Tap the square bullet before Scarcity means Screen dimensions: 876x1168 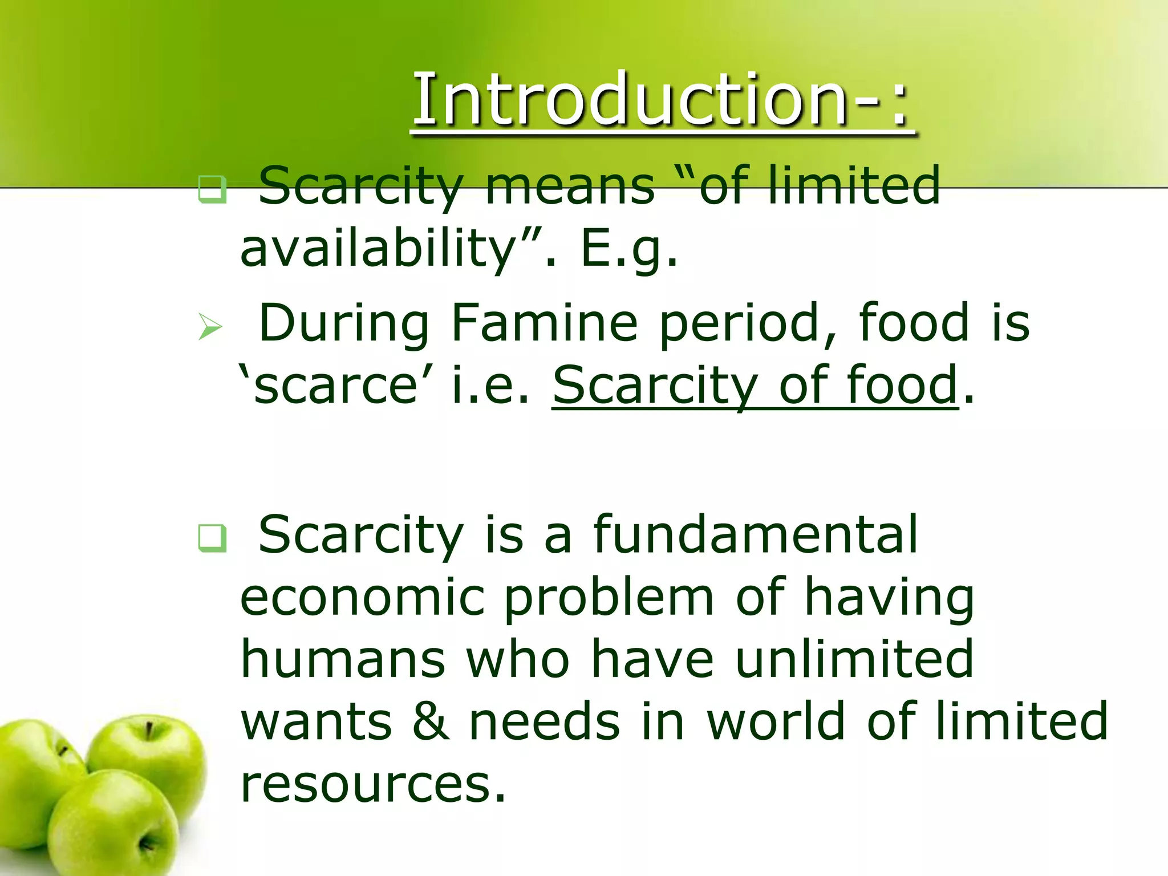(212, 190)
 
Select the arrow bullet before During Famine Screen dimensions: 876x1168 (210, 327)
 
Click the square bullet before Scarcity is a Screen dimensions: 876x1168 (212, 538)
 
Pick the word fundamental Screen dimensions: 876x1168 (755, 534)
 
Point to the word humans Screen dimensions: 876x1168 (342, 660)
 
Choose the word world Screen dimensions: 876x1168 (776, 722)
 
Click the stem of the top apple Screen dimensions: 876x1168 (149, 731)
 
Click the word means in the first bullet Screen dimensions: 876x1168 (570, 186)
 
